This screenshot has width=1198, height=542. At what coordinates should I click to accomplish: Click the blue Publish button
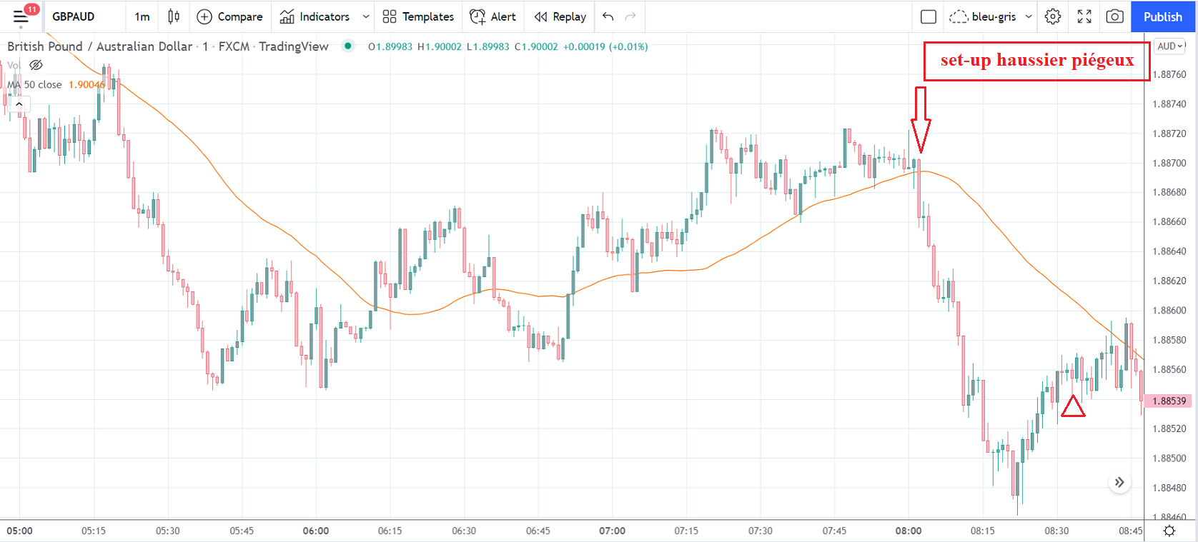click(1162, 16)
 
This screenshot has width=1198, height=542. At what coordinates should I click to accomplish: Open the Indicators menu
click(315, 16)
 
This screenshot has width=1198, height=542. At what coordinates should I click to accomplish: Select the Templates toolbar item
click(418, 16)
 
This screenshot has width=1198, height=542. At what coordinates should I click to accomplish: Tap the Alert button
click(493, 16)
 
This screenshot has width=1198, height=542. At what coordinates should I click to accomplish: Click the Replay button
click(560, 16)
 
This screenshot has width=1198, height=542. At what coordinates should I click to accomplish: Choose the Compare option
click(229, 16)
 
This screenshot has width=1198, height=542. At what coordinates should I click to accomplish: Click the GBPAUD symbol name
click(73, 16)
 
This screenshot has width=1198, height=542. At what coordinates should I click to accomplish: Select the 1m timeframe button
click(142, 16)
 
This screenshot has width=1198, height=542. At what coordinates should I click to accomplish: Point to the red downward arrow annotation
click(921, 119)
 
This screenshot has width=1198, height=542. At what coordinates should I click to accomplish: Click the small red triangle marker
click(1073, 407)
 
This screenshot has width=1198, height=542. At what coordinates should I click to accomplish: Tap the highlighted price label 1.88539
click(1169, 401)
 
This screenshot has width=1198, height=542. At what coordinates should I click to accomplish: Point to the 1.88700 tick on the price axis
click(1169, 163)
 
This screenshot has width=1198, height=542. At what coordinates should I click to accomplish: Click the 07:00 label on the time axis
click(612, 531)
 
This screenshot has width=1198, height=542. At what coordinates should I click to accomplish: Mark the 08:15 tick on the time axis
click(982, 531)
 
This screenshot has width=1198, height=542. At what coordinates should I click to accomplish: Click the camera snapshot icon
click(1114, 16)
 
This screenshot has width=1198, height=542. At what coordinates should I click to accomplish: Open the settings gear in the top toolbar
click(1053, 16)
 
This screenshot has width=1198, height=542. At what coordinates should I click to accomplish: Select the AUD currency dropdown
click(1170, 46)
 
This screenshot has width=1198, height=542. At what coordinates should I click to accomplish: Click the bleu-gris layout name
click(994, 16)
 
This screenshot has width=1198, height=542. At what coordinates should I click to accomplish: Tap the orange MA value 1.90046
click(86, 84)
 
